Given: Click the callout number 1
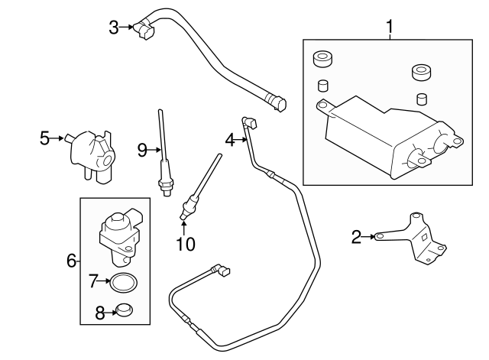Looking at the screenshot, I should (390, 28).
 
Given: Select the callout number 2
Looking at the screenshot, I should (356, 238).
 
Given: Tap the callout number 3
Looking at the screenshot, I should (114, 28).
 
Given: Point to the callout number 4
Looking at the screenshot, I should (230, 139).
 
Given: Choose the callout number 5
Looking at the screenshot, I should (45, 138).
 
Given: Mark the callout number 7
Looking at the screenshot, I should (94, 281).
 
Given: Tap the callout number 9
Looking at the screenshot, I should (142, 150).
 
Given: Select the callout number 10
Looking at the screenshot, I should (186, 244).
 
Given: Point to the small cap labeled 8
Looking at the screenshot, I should (121, 310).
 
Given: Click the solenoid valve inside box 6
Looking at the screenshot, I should (118, 232).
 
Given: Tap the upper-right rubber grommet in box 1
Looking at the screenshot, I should (419, 73).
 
